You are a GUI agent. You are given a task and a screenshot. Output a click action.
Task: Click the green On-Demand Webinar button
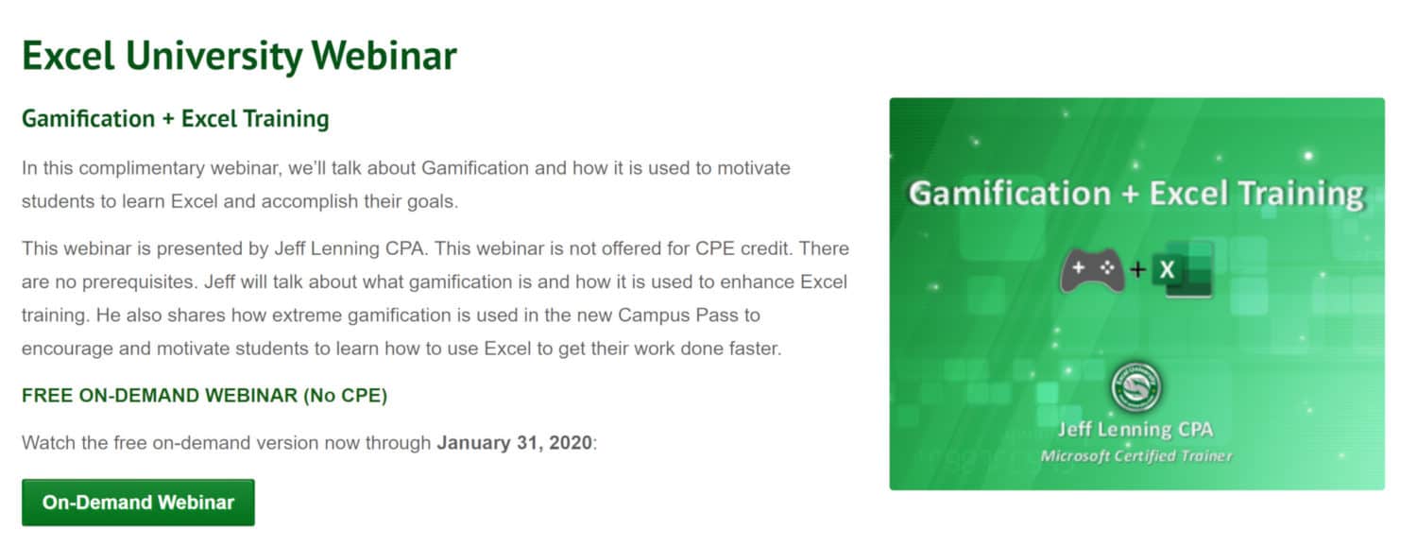[138, 503]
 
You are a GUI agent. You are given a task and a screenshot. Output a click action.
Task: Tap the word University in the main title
[213, 57]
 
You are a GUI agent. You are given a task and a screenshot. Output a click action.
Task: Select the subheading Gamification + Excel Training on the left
[175, 118]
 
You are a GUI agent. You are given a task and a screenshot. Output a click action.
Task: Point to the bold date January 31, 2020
[514, 443]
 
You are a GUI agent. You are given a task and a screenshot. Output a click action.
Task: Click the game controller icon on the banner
[1092, 270]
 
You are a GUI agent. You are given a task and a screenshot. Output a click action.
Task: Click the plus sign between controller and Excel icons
[1138, 269]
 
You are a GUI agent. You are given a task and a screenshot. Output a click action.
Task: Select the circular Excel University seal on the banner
[1135, 386]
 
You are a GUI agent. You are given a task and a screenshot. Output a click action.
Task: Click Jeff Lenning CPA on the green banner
[1135, 430]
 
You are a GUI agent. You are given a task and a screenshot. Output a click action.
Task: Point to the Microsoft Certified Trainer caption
[1136, 456]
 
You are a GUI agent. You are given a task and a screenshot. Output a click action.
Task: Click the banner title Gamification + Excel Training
[1136, 194]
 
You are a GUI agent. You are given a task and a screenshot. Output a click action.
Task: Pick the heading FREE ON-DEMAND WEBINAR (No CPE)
[204, 396]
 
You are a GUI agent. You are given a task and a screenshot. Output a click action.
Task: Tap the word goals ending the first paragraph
[432, 202]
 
